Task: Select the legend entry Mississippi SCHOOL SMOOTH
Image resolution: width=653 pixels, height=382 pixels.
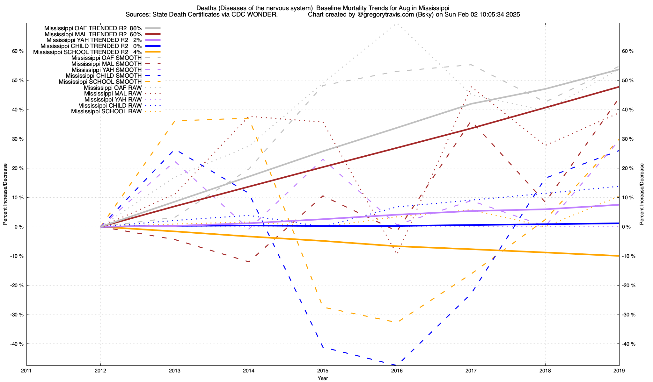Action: tap(100, 82)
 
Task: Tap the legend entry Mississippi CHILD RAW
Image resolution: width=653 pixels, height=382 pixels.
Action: tap(110, 105)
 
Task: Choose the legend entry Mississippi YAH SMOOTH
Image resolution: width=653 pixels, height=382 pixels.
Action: tap(106, 70)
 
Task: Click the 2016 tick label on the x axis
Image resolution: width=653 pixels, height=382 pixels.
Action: tap(397, 371)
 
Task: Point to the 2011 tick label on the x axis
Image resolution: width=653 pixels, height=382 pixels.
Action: tap(26, 371)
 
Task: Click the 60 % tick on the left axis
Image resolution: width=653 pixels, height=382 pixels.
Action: tap(18, 51)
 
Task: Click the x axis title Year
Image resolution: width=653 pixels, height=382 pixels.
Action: tap(323, 378)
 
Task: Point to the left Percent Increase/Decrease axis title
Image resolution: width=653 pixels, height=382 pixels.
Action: tap(5, 194)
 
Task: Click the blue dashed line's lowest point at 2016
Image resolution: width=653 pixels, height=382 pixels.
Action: tap(397, 365)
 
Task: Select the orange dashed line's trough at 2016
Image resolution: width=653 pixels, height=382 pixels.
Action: tap(397, 322)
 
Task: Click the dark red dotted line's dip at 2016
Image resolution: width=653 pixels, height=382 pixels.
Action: tap(397, 253)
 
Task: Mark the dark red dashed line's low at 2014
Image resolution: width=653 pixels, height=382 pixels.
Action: tap(249, 262)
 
